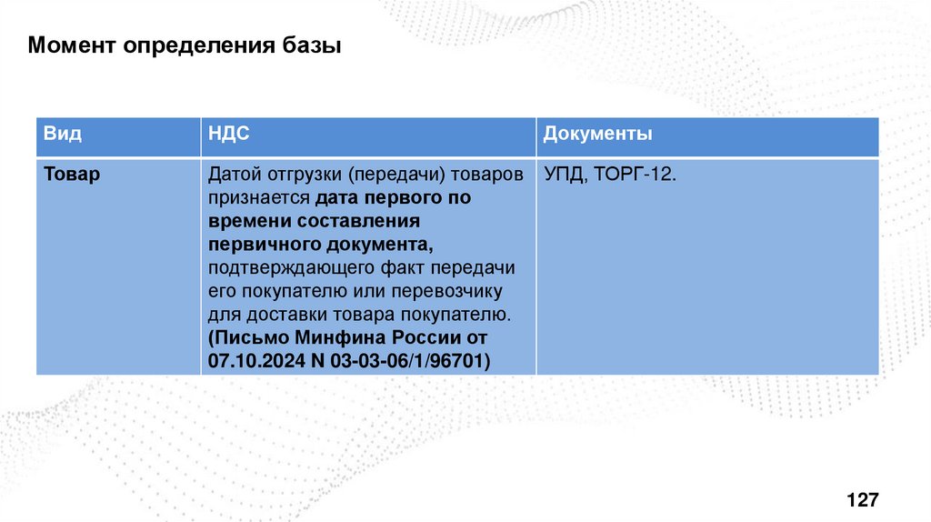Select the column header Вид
point(62,135)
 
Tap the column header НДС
point(229,135)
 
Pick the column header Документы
point(597,135)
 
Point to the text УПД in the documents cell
point(564,174)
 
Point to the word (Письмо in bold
point(244,338)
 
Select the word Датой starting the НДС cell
point(234,174)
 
